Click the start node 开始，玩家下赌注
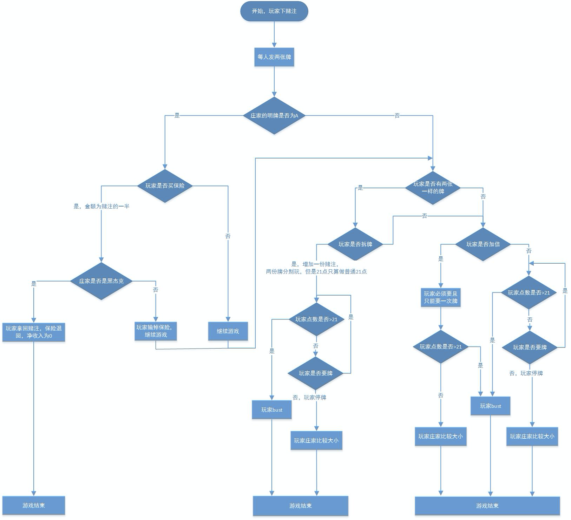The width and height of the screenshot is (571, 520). (x=274, y=11)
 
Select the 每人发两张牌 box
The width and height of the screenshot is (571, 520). (x=274, y=57)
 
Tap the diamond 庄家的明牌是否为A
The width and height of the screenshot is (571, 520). (x=274, y=115)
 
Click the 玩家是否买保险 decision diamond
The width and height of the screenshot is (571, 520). (x=165, y=186)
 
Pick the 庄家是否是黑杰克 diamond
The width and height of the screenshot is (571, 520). (x=101, y=281)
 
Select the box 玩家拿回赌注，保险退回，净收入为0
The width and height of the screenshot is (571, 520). (x=34, y=332)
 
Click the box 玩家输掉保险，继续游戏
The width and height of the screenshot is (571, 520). (x=156, y=331)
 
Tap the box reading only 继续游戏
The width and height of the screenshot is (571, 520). (x=228, y=331)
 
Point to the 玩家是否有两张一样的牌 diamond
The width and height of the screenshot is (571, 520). (x=433, y=188)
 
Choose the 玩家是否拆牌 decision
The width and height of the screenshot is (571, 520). (x=355, y=244)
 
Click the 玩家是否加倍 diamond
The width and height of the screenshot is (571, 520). (x=483, y=244)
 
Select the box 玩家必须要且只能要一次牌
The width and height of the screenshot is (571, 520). (x=441, y=297)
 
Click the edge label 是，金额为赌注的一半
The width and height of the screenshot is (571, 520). (x=101, y=207)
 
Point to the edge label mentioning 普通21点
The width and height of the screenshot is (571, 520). (x=316, y=268)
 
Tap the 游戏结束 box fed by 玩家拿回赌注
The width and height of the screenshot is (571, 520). (x=34, y=505)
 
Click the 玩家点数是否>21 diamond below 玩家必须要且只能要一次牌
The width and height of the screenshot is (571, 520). (x=441, y=346)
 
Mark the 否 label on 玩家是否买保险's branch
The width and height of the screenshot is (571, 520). (x=228, y=236)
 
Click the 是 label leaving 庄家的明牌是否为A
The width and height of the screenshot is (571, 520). (x=177, y=115)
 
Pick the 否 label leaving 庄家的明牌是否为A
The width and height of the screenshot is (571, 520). (x=397, y=115)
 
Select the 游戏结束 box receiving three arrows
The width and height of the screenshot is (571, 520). (x=487, y=506)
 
